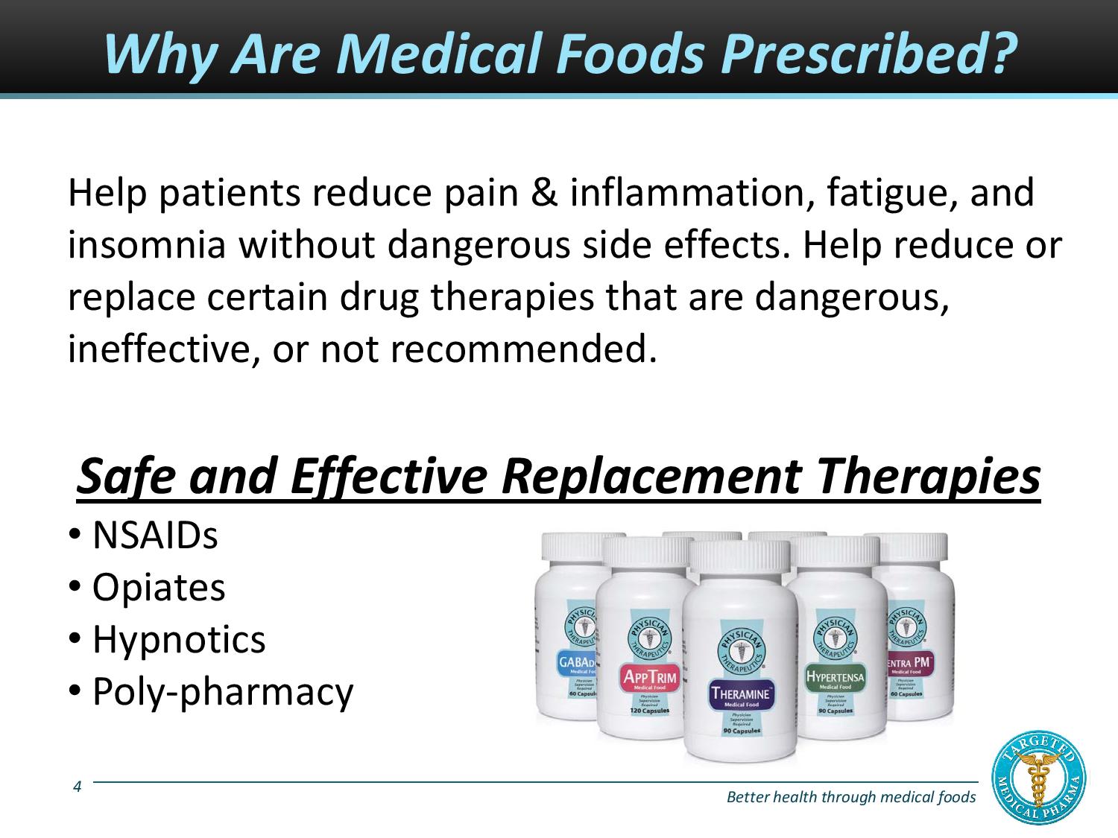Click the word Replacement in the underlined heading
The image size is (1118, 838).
652,476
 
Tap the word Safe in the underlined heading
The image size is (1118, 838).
126,476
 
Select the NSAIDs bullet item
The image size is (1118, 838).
154,536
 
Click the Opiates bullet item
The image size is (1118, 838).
158,588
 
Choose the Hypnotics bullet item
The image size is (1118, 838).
178,640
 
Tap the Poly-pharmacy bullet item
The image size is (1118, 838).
222,692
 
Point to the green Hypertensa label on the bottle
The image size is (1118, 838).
835,676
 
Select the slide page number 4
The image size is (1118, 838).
78,785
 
